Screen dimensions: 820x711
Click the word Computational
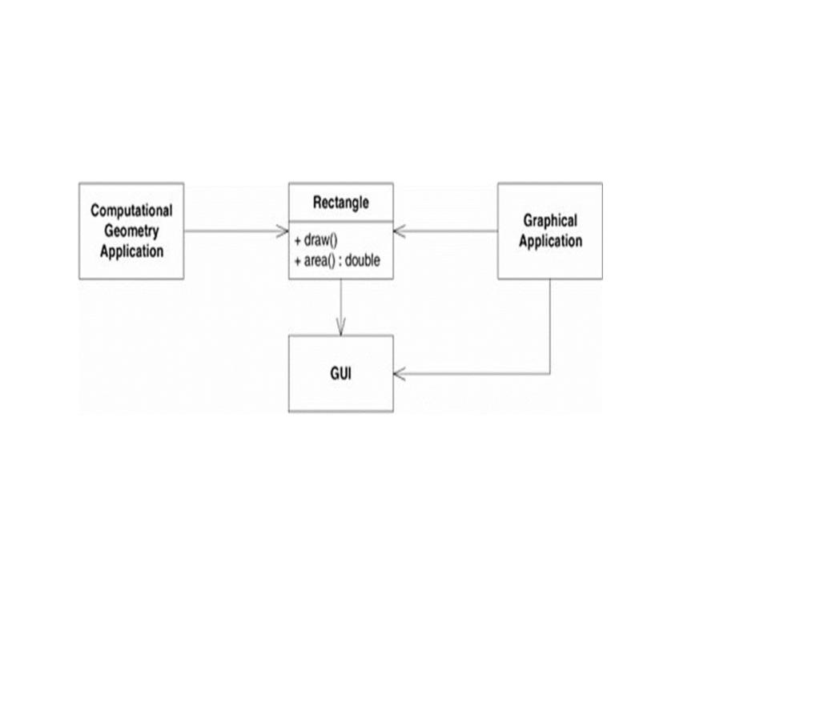click(131, 211)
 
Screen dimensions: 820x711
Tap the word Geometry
click(131, 231)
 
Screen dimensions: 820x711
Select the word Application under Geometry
click(131, 251)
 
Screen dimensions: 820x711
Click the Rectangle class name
click(340, 203)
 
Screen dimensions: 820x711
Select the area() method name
click(320, 261)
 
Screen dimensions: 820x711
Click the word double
click(362, 261)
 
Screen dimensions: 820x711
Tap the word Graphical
click(550, 220)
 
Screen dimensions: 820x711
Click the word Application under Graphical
click(550, 241)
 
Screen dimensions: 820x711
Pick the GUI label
click(340, 373)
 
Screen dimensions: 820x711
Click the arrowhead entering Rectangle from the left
click(283, 231)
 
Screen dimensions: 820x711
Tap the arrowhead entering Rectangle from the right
click(400, 231)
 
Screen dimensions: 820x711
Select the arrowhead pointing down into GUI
click(340, 328)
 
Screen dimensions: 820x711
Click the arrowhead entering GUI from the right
click(400, 373)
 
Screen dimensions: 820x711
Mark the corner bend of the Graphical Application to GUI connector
click(550, 373)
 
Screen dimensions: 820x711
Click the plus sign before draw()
click(297, 241)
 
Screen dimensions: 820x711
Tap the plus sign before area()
click(297, 261)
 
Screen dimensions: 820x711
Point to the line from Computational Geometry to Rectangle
click(232, 231)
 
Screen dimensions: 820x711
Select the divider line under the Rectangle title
click(340, 221)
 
